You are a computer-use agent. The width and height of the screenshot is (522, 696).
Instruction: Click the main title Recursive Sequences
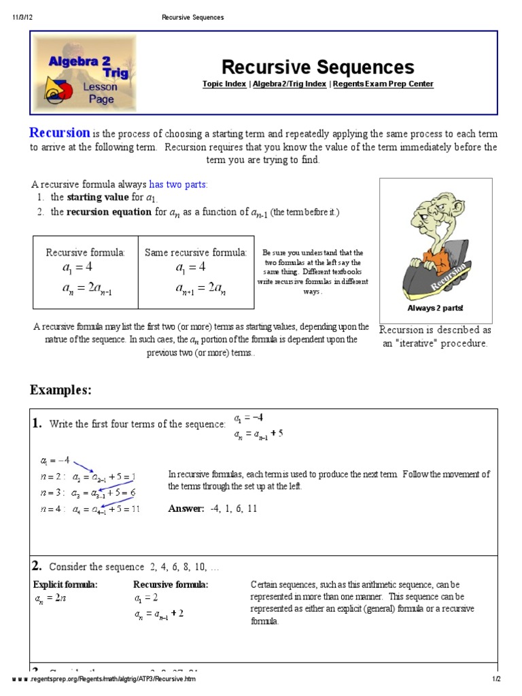pyautogui.click(x=317, y=67)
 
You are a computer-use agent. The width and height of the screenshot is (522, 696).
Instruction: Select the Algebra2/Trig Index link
pyautogui.click(x=290, y=84)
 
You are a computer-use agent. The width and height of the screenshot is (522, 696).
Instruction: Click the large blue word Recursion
pyautogui.click(x=60, y=133)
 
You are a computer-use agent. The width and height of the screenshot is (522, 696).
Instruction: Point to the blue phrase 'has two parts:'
pyautogui.click(x=178, y=184)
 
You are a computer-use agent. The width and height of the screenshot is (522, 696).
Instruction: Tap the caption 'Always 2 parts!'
pyautogui.click(x=435, y=308)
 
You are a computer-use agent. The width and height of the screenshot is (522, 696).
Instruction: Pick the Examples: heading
pyautogui.click(x=60, y=390)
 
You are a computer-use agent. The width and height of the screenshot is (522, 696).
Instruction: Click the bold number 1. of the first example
pyautogui.click(x=37, y=423)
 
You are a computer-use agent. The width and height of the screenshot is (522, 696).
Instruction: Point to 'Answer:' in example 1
pyautogui.click(x=186, y=508)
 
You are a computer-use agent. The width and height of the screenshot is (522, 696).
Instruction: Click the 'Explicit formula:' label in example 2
pyautogui.click(x=65, y=585)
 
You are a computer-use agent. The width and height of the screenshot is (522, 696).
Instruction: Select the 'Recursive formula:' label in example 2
pyautogui.click(x=171, y=585)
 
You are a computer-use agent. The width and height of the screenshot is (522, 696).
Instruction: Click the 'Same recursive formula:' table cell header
pyautogui.click(x=196, y=253)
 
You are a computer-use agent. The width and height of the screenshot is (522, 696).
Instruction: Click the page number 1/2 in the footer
pyautogui.click(x=496, y=680)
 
